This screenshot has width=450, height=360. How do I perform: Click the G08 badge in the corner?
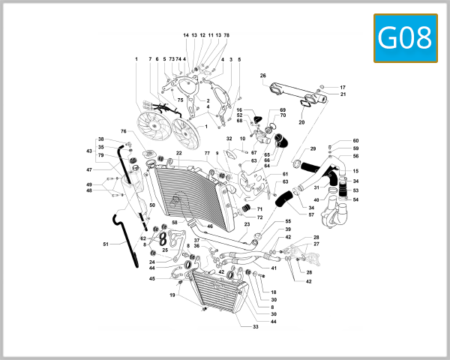click(x=405, y=37)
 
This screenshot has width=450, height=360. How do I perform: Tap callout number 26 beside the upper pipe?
click(x=263, y=76)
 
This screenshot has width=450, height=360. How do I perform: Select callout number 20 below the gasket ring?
click(x=302, y=122)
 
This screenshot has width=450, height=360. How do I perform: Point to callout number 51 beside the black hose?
click(x=106, y=244)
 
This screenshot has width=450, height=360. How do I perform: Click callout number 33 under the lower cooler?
click(x=255, y=327)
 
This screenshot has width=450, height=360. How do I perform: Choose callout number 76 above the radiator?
click(x=123, y=132)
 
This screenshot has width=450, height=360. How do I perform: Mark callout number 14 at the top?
click(x=186, y=35)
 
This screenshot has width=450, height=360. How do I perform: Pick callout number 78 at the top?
click(x=226, y=35)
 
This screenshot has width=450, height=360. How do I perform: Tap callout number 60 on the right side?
click(x=355, y=141)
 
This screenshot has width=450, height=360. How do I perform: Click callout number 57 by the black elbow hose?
click(x=311, y=214)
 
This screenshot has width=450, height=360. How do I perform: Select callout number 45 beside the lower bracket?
click(x=151, y=279)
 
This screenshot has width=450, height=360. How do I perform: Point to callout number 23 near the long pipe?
click(x=247, y=224)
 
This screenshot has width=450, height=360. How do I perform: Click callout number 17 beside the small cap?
click(x=343, y=87)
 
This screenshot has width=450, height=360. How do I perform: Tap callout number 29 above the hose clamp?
click(x=313, y=148)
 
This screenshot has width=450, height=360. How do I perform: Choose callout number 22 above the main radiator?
click(x=179, y=154)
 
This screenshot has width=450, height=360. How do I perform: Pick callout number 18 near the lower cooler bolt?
click(x=274, y=292)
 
